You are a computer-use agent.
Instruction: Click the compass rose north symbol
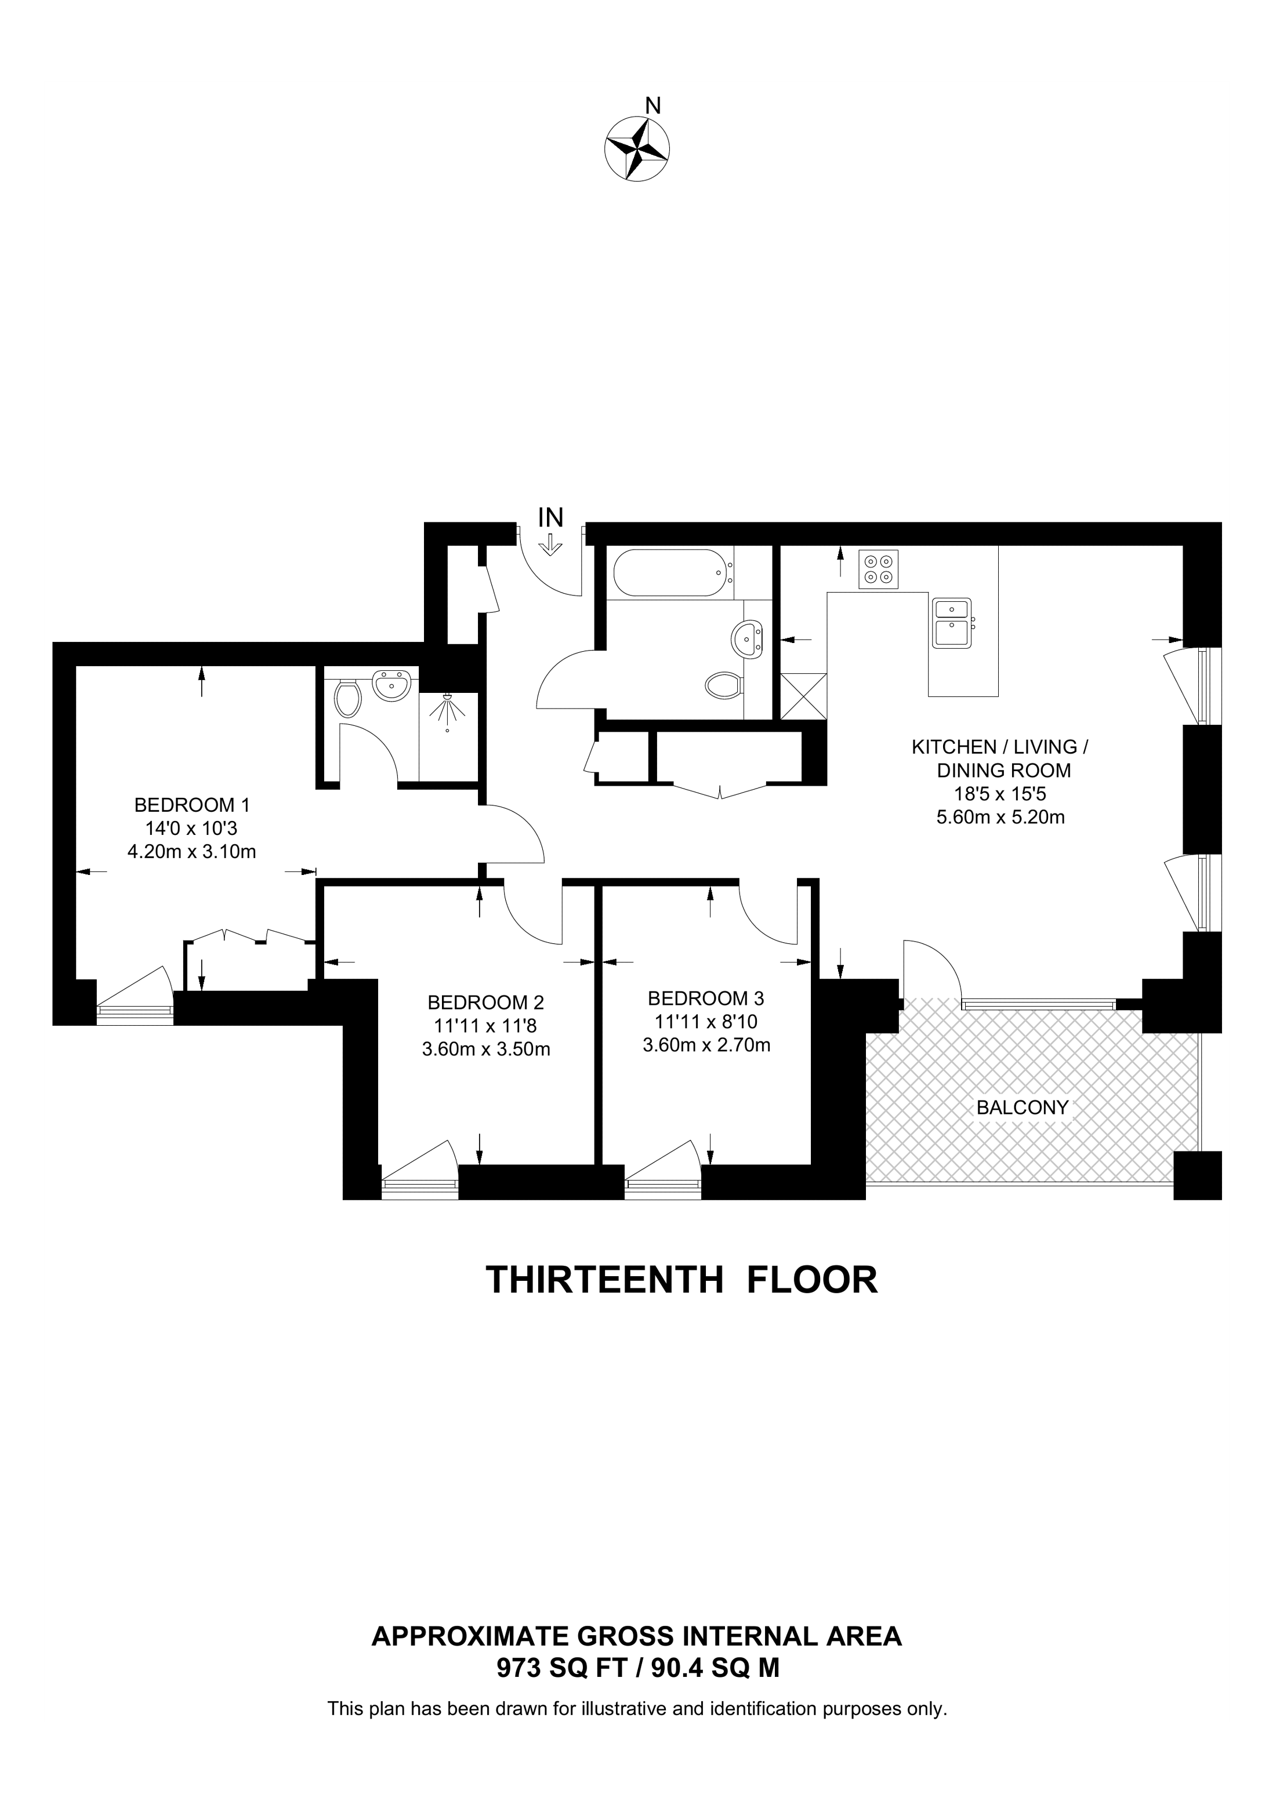point(637,148)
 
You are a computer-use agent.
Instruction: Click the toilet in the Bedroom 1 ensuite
point(347,698)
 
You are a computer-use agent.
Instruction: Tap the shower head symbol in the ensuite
point(447,710)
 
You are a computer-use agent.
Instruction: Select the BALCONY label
point(1022,1107)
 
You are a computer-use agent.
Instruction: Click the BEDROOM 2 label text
point(485,1003)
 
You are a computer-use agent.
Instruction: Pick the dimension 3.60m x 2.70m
point(706,1045)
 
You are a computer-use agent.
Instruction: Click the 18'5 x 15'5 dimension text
point(1000,794)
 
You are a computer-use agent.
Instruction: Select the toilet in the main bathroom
point(723,685)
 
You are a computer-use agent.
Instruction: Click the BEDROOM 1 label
point(192,805)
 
